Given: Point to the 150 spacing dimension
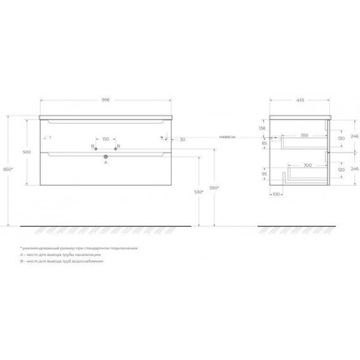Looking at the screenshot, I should click(106, 138).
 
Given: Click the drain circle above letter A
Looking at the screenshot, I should click(105, 155).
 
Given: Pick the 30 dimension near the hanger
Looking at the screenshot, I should click(183, 139).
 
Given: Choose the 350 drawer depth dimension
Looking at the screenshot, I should click(303, 134).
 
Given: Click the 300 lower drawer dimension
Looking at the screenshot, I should click(308, 166).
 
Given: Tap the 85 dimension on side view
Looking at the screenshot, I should click(265, 142).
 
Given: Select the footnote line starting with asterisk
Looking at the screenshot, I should click(80, 249).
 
